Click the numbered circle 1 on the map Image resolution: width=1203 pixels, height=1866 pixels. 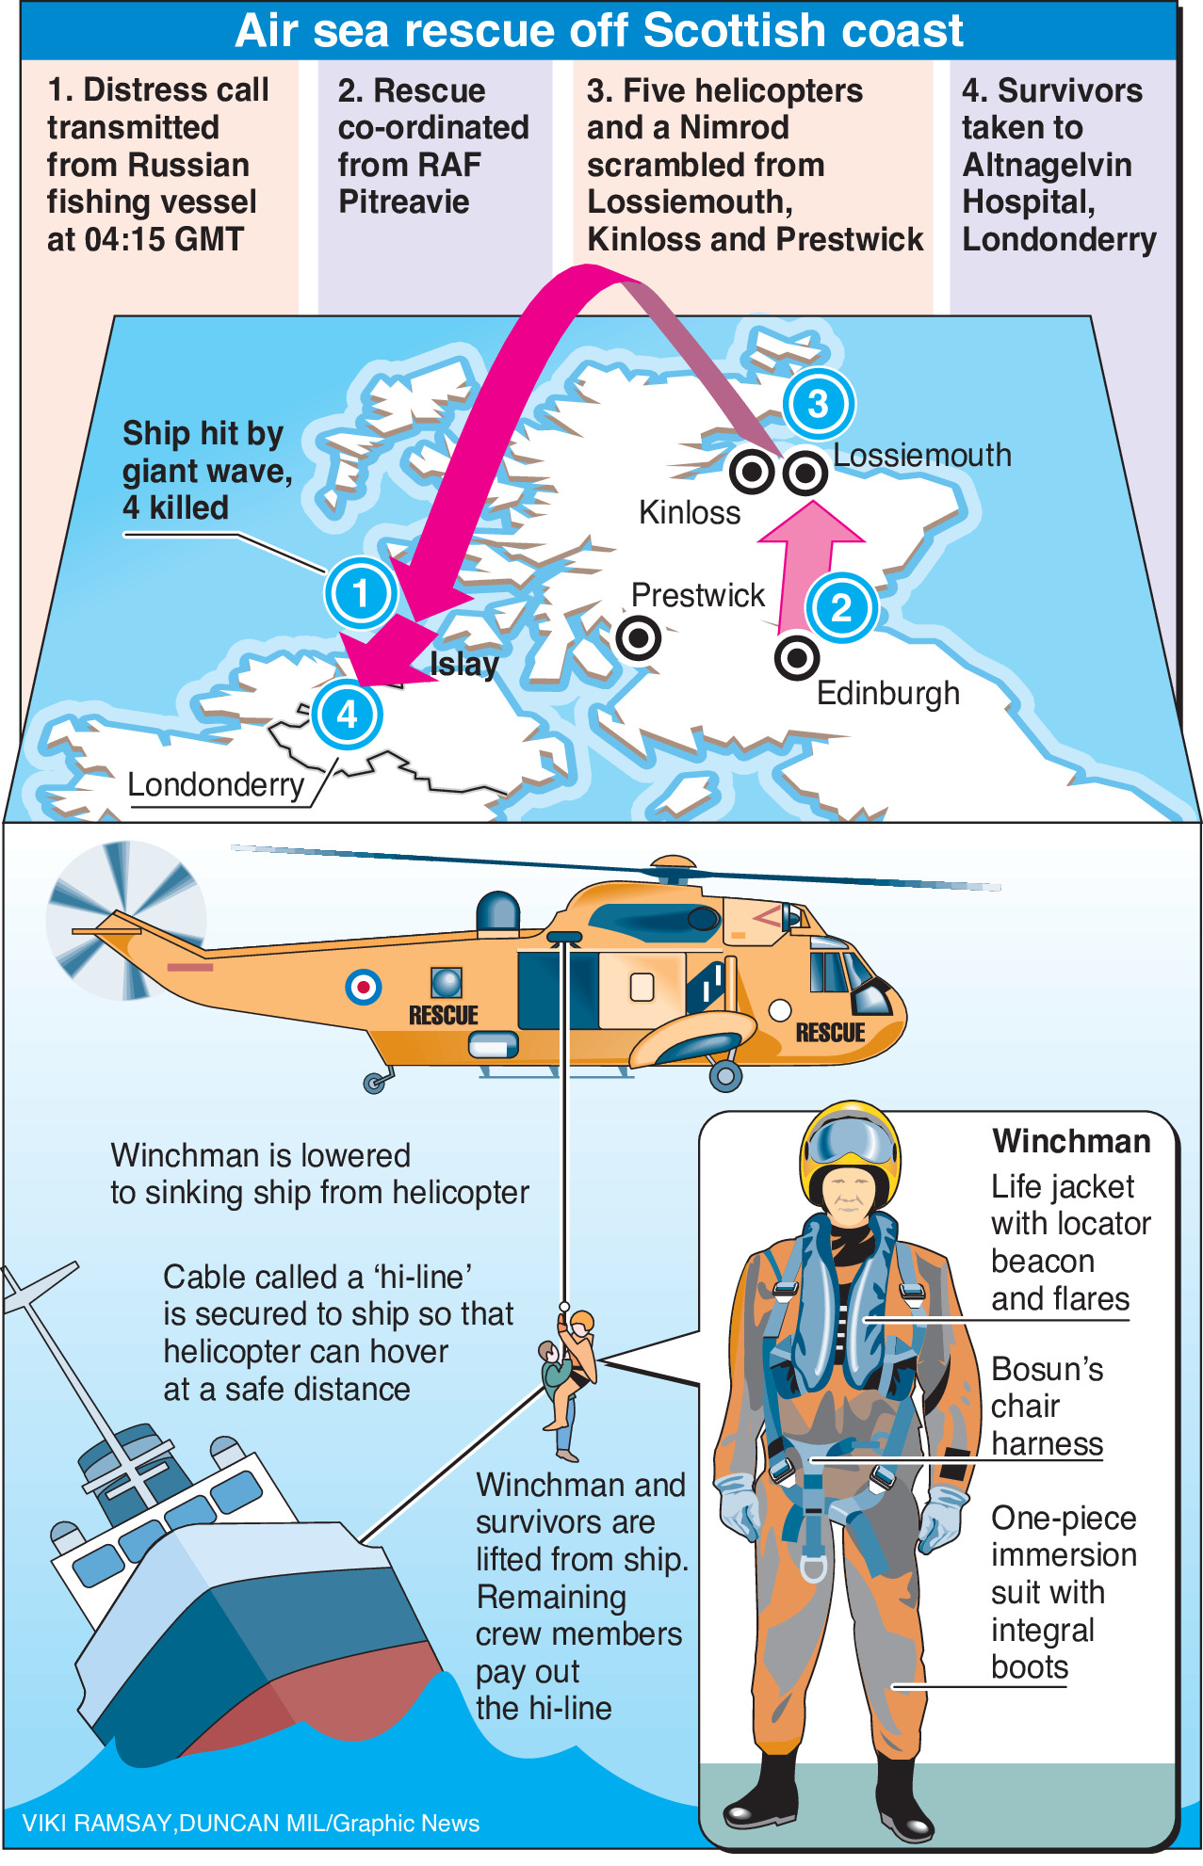click(x=361, y=594)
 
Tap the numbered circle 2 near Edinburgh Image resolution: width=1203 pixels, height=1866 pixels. click(x=841, y=607)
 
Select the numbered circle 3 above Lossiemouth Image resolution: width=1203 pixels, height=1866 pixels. click(x=818, y=404)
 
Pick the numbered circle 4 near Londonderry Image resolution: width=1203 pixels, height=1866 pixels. click(x=347, y=715)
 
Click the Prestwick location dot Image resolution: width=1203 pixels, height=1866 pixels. click(x=639, y=638)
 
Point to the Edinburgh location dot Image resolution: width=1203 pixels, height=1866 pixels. click(x=797, y=657)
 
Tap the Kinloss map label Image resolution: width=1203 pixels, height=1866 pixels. click(x=690, y=513)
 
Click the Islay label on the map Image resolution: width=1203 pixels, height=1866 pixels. click(x=464, y=664)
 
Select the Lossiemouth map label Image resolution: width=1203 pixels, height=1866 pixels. click(x=922, y=456)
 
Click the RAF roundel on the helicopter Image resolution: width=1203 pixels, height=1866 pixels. click(x=363, y=987)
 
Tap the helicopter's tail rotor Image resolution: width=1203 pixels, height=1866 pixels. click(x=125, y=920)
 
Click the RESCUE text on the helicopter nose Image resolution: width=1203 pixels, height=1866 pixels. click(x=830, y=1033)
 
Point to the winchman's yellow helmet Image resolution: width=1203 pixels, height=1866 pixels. click(x=850, y=1142)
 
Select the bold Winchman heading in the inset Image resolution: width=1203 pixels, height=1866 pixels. click(x=1071, y=1141)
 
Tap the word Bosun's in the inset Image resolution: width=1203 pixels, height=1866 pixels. click(x=1047, y=1369)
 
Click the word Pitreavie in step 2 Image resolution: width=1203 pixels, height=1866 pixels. click(x=403, y=201)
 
